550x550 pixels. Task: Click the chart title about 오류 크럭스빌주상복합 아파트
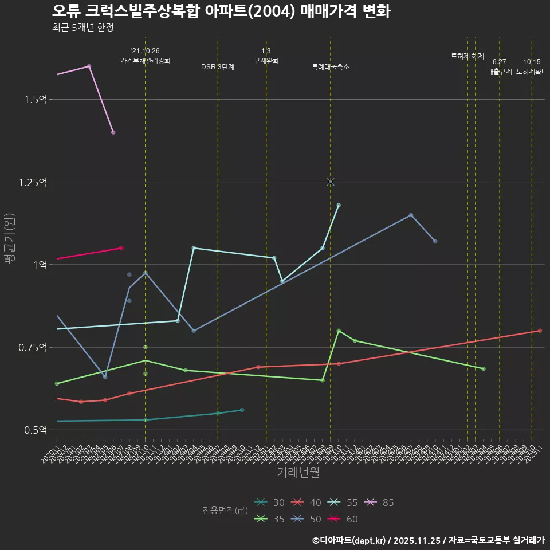click(221, 11)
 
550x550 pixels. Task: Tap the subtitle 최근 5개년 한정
click(82, 27)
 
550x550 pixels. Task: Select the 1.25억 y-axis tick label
click(33, 182)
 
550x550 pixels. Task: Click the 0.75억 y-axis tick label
click(33, 347)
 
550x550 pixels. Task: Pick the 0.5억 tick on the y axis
click(36, 430)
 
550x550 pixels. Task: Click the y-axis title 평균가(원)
click(10, 238)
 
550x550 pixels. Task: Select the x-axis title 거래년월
click(298, 473)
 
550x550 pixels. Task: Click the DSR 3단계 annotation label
click(218, 67)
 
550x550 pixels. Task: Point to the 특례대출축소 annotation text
click(331, 67)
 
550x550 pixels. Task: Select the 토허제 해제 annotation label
click(467, 56)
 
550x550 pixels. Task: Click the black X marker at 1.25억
click(331, 182)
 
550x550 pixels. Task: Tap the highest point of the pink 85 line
click(89, 66)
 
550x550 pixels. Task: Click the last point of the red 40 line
click(540, 331)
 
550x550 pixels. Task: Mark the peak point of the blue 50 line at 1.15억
click(411, 215)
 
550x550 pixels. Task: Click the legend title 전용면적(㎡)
click(225, 510)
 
